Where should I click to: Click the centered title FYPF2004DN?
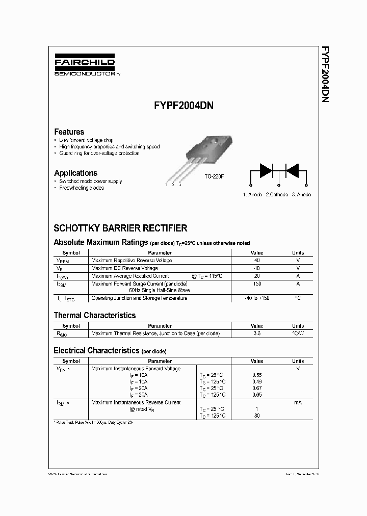(x=183, y=107)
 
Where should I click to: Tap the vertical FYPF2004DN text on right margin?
(x=324, y=74)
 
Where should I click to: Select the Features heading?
(x=69, y=132)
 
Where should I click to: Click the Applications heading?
(x=75, y=173)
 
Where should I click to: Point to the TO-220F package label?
(x=215, y=176)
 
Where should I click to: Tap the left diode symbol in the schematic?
(x=266, y=171)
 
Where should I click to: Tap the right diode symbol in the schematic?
(x=292, y=171)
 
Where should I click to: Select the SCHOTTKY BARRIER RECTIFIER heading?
(x=120, y=228)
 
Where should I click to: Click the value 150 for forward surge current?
(x=257, y=283)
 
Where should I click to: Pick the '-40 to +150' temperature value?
(x=257, y=298)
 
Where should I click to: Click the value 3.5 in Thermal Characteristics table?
(x=257, y=333)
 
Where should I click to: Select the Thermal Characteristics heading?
(x=95, y=316)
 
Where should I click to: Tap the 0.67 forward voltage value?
(x=257, y=388)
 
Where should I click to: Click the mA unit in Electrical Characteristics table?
(x=298, y=403)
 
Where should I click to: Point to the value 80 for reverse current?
(x=257, y=416)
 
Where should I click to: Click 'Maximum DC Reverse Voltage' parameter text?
(x=124, y=268)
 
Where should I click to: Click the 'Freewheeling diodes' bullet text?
(x=81, y=188)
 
